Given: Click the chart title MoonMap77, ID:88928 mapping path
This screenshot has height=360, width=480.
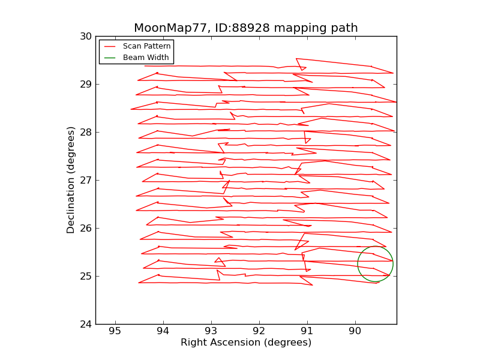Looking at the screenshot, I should click(245, 28).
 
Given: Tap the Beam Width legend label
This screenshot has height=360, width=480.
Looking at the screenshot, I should click(146, 58).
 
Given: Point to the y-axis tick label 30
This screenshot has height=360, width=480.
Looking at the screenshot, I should click(86, 36).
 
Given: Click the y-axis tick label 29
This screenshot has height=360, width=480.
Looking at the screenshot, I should click(86, 84).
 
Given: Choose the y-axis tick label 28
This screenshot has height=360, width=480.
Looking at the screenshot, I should click(86, 132).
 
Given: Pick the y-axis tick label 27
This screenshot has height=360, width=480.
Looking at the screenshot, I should click(86, 180).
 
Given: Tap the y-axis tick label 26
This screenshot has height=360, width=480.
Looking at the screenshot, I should click(86, 228).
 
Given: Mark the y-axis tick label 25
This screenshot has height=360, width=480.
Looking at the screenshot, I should click(86, 276).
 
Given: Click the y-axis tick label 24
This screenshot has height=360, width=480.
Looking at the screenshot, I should click(86, 324).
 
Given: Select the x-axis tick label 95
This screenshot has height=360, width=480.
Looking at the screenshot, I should click(115, 331).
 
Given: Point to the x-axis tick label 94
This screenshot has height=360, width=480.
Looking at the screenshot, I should click(163, 331).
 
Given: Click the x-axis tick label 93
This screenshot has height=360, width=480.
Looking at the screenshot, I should click(211, 331).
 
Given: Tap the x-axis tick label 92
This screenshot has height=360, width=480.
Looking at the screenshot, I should click(259, 331).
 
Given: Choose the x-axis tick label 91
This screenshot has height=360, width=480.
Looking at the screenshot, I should click(307, 331).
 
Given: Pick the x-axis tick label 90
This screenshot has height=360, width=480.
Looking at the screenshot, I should click(355, 331).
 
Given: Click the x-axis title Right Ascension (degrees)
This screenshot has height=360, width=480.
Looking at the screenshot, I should click(246, 343).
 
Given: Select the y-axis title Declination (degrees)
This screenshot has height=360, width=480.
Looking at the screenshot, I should click(71, 180).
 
